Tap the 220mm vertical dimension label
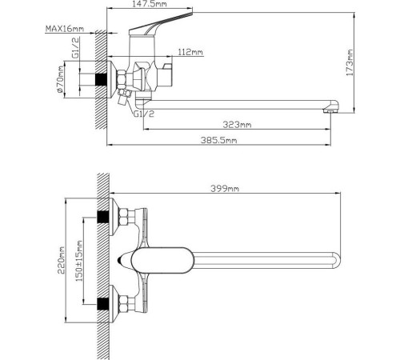pyautogui.click(x=62, y=261)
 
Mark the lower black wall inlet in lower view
pyautogui.click(x=102, y=303)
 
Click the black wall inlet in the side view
pyautogui.click(x=101, y=80)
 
